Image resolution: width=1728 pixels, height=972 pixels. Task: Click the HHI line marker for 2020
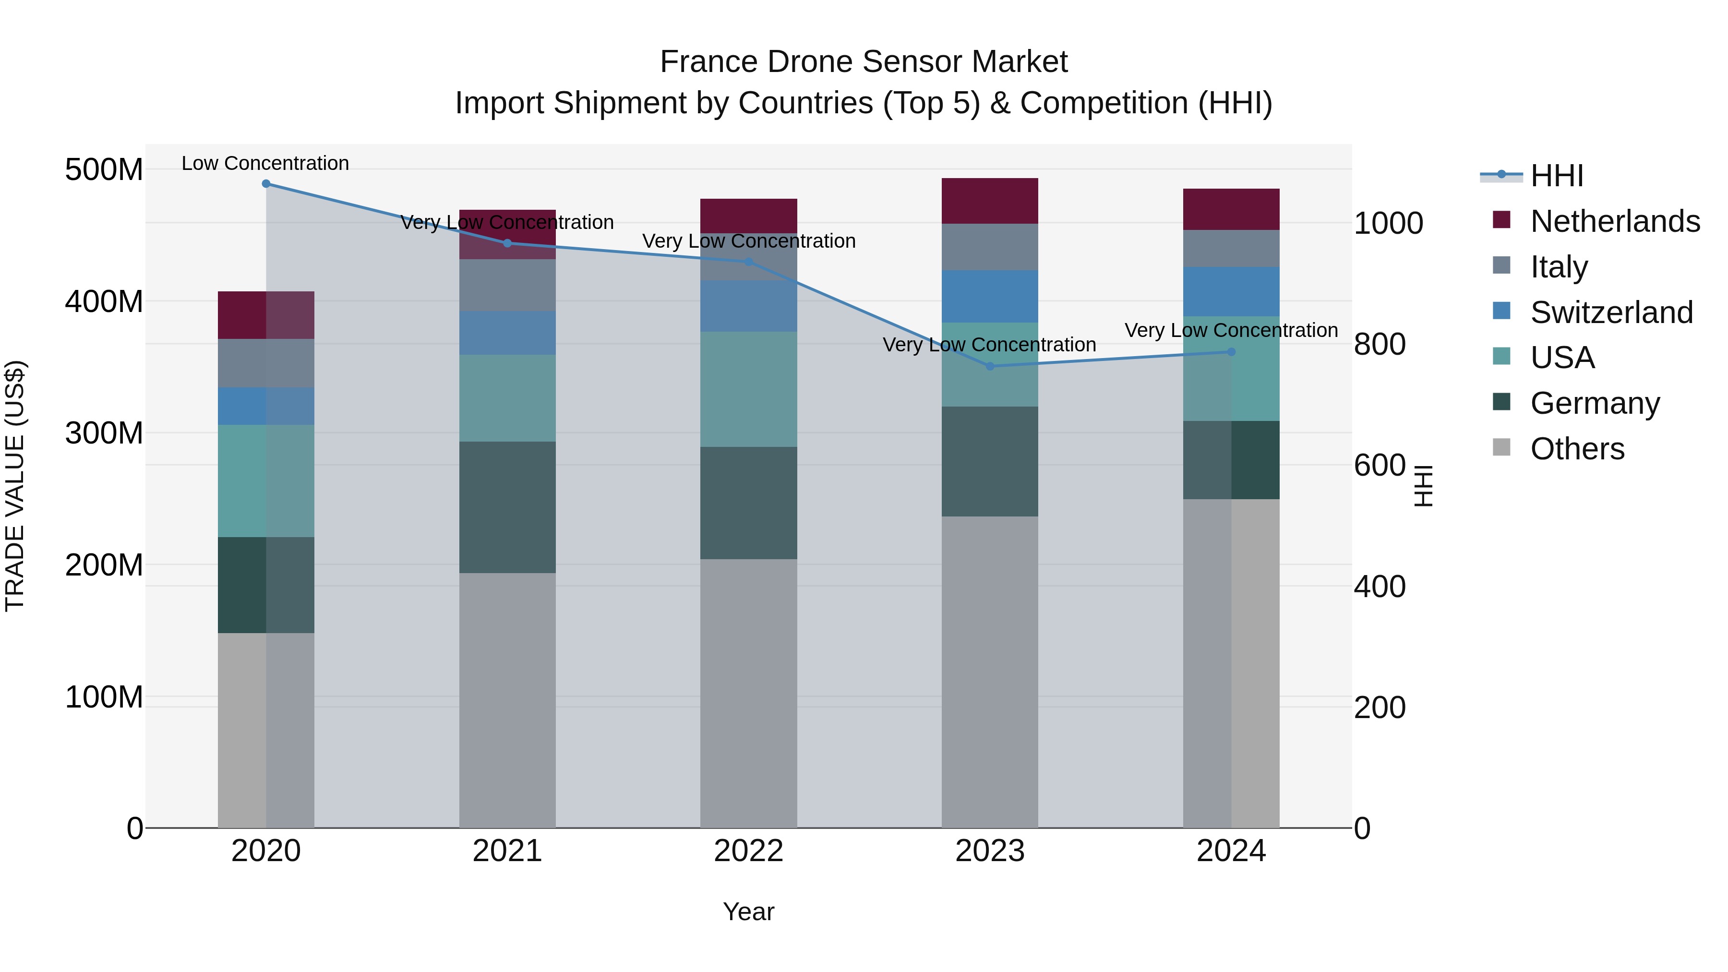pos(266,183)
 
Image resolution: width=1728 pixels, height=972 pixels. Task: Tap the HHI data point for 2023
pos(990,366)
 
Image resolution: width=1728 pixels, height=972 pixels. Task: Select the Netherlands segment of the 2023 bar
pos(990,201)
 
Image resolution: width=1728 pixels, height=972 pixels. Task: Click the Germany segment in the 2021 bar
pos(507,507)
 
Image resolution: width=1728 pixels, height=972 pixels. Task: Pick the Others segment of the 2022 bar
pos(749,693)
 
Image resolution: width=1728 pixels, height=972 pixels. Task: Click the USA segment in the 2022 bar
pos(749,389)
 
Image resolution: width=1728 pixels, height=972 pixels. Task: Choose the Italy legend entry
pos(1559,266)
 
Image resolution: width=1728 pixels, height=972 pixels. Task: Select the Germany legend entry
pos(1595,403)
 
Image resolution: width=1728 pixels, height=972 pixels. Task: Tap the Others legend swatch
pos(1501,447)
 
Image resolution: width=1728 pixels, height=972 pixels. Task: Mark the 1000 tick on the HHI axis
pos(1388,223)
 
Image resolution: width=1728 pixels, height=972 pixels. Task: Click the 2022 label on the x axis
pos(749,851)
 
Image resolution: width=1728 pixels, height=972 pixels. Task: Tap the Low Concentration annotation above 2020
pos(265,163)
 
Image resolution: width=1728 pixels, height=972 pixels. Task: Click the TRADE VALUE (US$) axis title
pos(15,486)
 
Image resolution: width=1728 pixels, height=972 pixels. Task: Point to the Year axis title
pos(749,912)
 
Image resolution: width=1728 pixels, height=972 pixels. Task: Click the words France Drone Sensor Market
pos(864,62)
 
